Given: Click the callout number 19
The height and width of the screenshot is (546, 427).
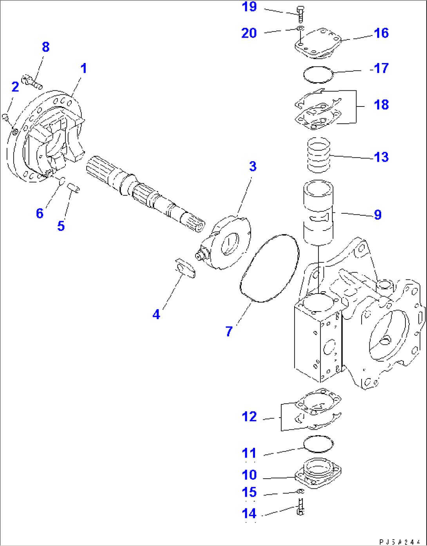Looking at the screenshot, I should pyautogui.click(x=249, y=7).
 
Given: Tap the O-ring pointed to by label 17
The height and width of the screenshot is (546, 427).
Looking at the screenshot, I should pyautogui.click(x=318, y=74).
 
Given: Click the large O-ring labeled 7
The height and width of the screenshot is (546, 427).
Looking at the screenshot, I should pyautogui.click(x=270, y=268).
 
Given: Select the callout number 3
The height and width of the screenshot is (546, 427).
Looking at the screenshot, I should pyautogui.click(x=253, y=166).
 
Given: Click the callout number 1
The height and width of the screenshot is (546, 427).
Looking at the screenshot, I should pyautogui.click(x=83, y=69).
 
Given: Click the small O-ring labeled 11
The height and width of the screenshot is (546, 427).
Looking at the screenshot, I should pyautogui.click(x=318, y=444).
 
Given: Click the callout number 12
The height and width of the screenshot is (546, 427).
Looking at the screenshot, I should pyautogui.click(x=249, y=417).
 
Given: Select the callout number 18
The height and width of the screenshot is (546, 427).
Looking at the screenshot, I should pyautogui.click(x=381, y=105).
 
